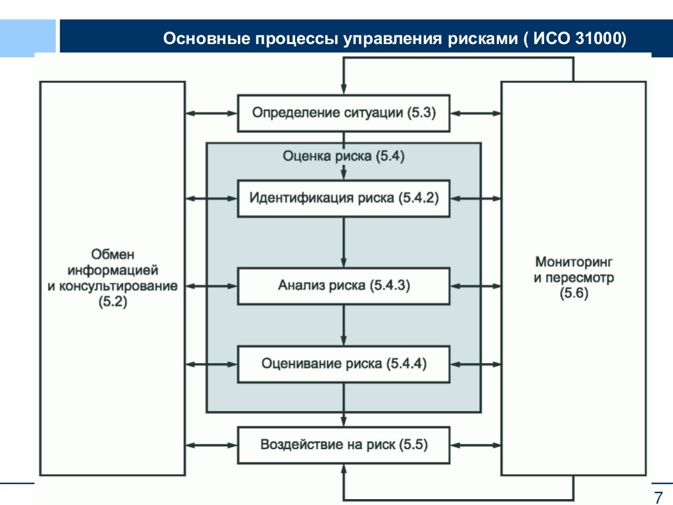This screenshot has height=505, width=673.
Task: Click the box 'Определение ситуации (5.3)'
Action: click(x=343, y=113)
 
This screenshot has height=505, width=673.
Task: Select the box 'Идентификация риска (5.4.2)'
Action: click(x=343, y=198)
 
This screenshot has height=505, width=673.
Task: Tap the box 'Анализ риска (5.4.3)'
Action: click(x=343, y=285)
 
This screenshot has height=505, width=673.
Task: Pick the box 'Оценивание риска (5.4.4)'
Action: click(x=343, y=364)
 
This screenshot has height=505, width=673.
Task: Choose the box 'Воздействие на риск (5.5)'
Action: click(x=343, y=445)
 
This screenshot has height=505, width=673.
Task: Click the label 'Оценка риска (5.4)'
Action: click(x=343, y=156)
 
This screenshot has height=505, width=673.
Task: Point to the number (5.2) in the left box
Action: click(x=112, y=302)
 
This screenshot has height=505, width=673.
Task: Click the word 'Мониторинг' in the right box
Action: click(x=574, y=262)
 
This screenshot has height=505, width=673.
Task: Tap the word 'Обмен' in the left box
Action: click(x=112, y=254)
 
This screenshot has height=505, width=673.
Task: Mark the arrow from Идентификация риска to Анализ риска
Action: click(x=343, y=241)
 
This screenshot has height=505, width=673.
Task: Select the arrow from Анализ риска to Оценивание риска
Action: click(x=343, y=324)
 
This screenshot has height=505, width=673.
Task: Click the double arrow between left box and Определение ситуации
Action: click(x=211, y=113)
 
